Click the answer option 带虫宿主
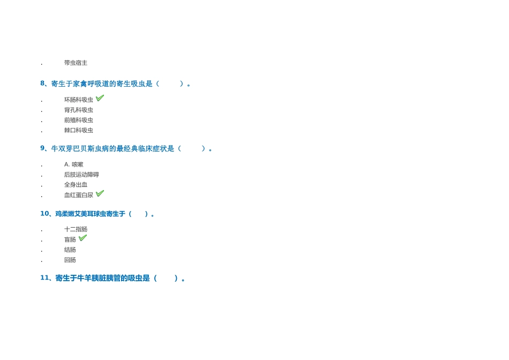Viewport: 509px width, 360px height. tap(76, 63)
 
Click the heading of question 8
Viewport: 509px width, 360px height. tap(115, 84)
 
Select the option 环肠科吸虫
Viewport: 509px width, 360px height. tap(79, 100)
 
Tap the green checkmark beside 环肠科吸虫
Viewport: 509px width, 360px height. tap(100, 97)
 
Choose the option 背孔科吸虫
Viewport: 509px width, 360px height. tap(79, 110)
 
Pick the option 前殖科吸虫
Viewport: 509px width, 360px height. tap(79, 120)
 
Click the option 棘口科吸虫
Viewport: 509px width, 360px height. tap(79, 131)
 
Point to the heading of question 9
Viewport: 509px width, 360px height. tap(126, 149)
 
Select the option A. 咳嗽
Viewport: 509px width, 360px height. tap(74, 164)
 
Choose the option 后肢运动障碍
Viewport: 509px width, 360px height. tap(81, 175)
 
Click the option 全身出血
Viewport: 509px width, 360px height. tap(76, 185)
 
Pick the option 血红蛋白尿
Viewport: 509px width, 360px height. tap(79, 195)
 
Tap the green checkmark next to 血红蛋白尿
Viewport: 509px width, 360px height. tap(100, 193)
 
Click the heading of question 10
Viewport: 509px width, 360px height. tap(97, 214)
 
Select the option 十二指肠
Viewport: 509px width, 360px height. tap(76, 229)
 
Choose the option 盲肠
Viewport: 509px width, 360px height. tap(70, 239)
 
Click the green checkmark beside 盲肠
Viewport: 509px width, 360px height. tap(83, 238)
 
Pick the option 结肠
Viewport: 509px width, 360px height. tap(70, 250)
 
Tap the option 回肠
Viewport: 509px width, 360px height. tap(70, 260)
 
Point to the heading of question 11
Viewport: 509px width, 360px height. tap(113, 278)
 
